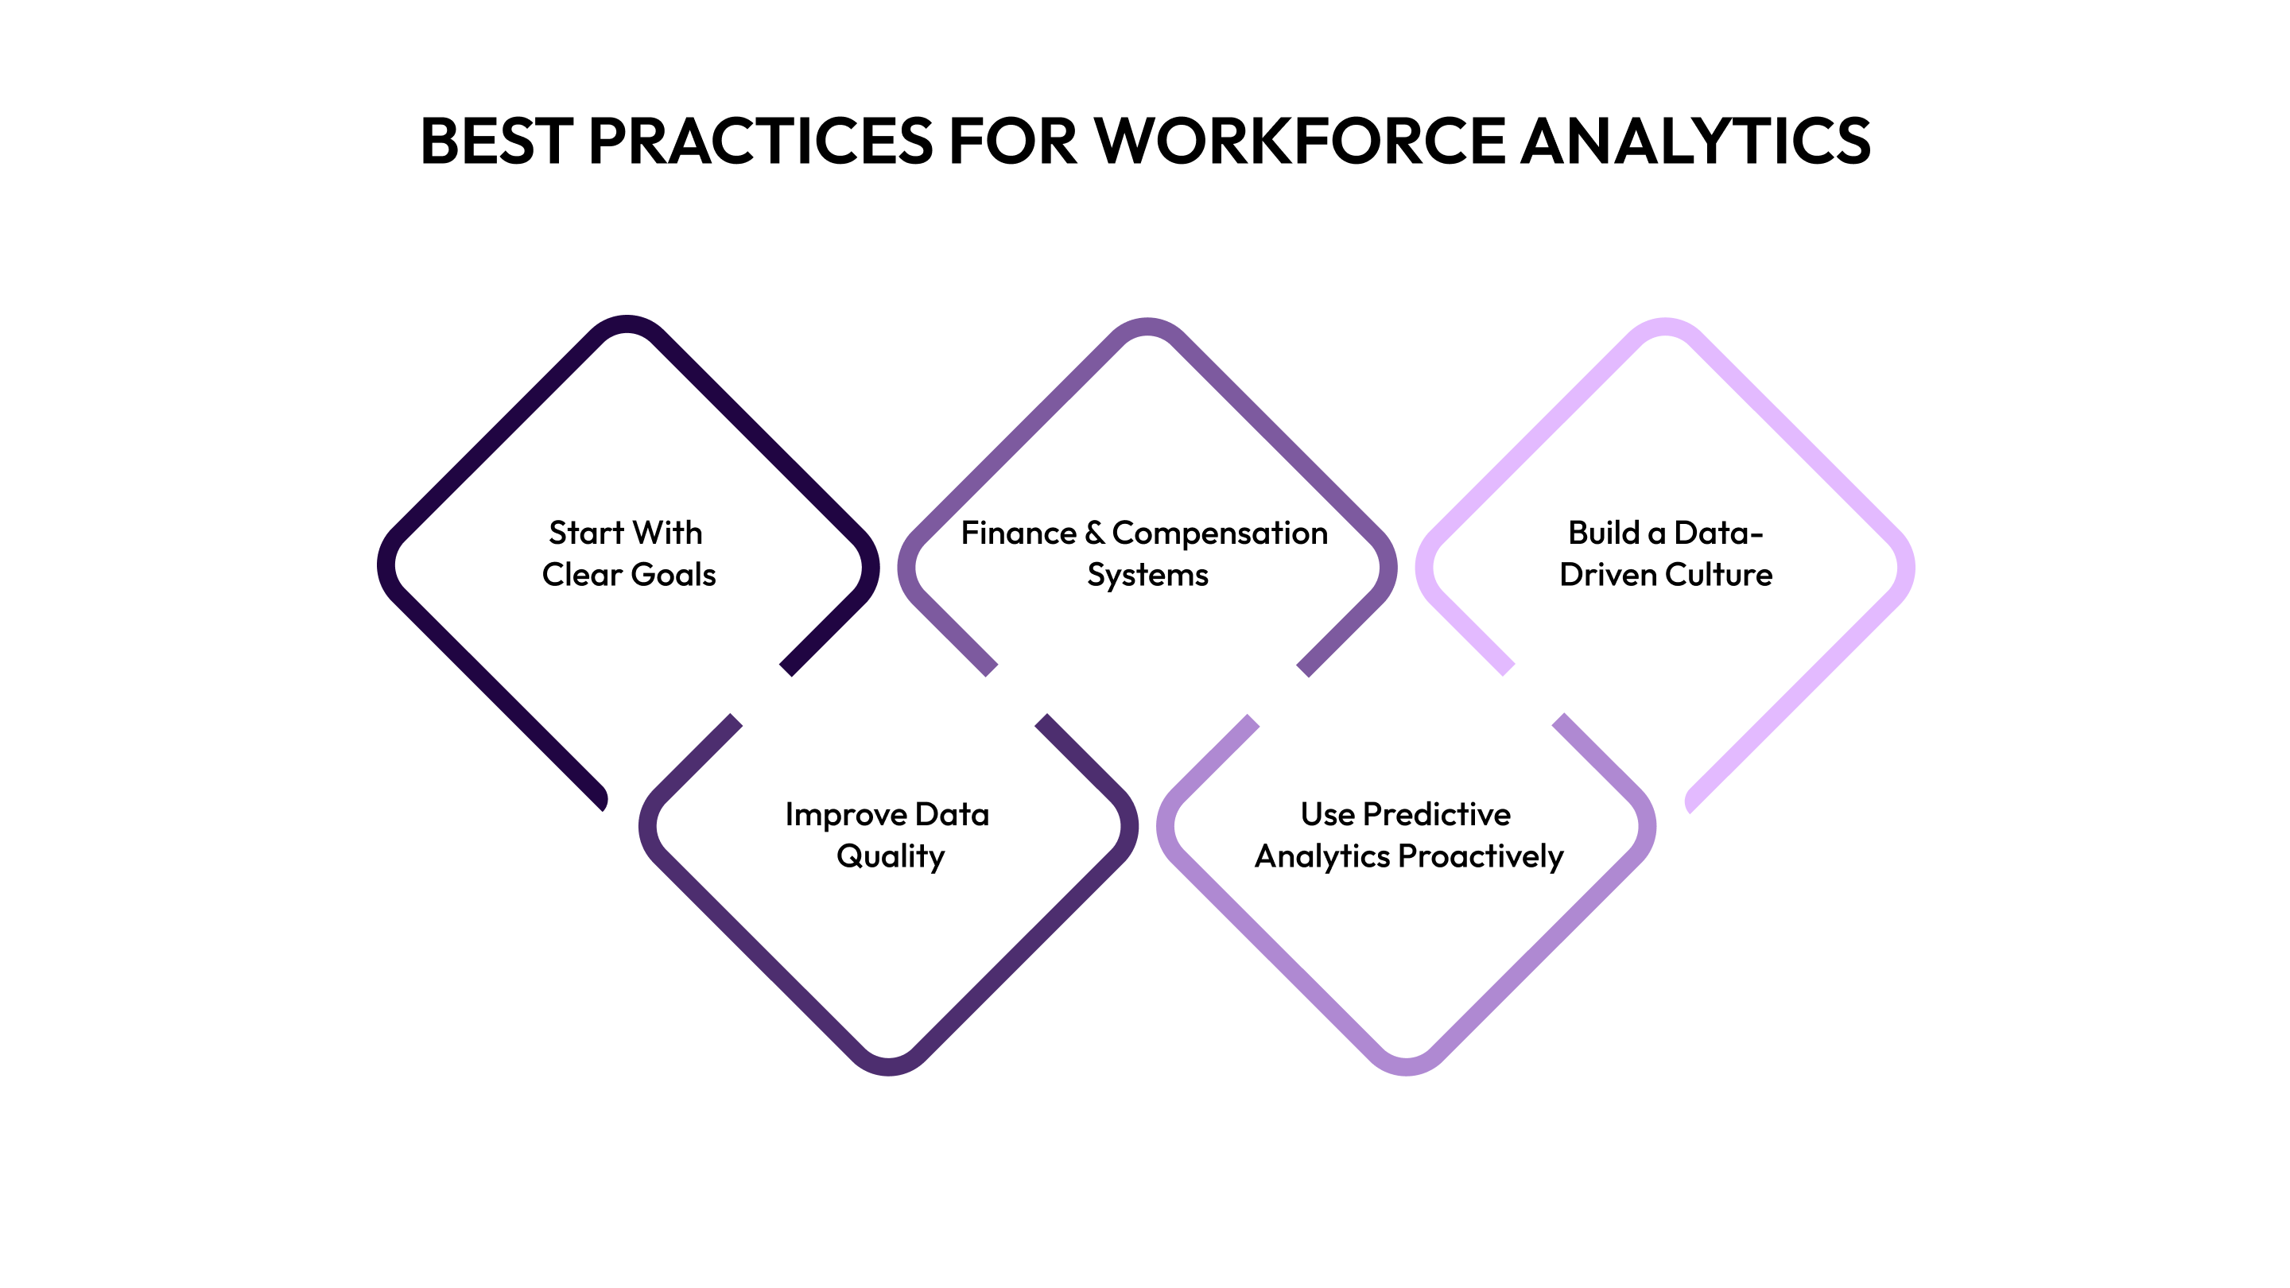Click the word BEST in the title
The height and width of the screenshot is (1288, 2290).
click(x=495, y=141)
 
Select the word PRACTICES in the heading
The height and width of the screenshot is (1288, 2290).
click(x=760, y=141)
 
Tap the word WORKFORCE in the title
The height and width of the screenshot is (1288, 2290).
click(x=1300, y=141)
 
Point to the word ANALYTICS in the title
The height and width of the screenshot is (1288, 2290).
click(x=1695, y=141)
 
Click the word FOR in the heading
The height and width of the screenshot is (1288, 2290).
click(x=1012, y=141)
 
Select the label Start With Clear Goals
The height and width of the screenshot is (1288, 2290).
click(x=627, y=554)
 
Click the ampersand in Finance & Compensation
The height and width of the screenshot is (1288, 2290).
click(x=1094, y=533)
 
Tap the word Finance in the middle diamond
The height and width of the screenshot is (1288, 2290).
click(x=1019, y=533)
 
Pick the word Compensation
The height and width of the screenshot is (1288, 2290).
click(x=1220, y=533)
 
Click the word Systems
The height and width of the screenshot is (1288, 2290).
click(x=1147, y=575)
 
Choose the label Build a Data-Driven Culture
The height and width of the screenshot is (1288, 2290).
click(x=1665, y=554)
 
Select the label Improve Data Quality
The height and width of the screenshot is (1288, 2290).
click(x=888, y=835)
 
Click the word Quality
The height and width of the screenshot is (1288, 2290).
click(x=890, y=857)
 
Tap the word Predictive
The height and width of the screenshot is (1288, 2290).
click(x=1436, y=814)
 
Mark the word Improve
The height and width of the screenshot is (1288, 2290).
click(x=844, y=815)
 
